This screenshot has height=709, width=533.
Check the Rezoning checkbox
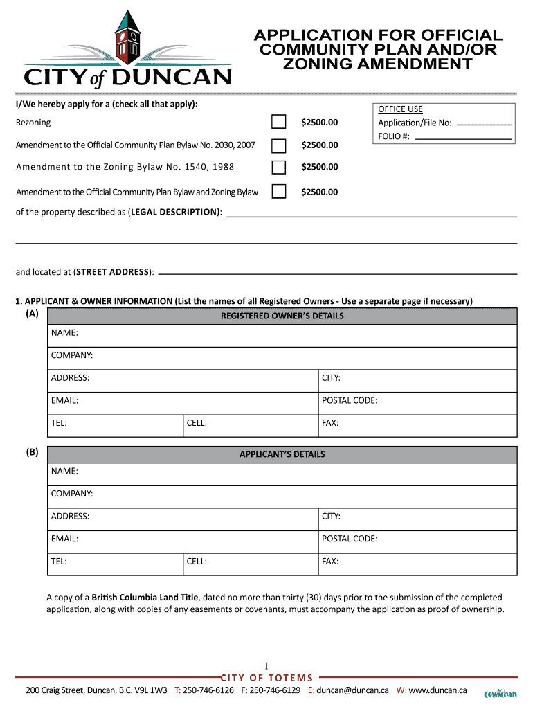pos(278,123)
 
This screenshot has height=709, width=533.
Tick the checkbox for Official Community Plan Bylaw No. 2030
pos(278,145)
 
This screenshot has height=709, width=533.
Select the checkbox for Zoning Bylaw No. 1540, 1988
pos(278,168)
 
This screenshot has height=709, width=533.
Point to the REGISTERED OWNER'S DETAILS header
pos(282,316)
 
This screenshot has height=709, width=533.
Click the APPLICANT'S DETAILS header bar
pos(282,455)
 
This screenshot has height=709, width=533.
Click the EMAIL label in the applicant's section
pos(64,539)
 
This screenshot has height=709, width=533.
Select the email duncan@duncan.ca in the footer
pos(352,690)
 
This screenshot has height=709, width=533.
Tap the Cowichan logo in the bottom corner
pos(500,693)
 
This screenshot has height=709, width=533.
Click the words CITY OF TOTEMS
pos(266,678)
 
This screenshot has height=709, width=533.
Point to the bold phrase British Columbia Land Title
pos(145,597)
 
